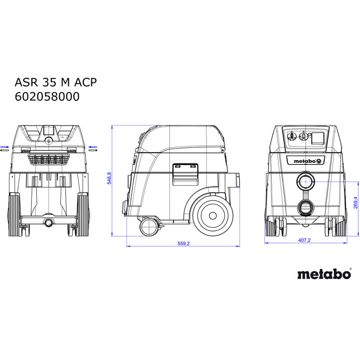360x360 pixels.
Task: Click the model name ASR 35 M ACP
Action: coord(56,82)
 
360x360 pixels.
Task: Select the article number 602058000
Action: coord(47,97)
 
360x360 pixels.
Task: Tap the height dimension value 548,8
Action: coord(109,178)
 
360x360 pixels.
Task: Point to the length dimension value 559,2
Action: coord(184,243)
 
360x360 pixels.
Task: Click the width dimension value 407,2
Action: coord(304,240)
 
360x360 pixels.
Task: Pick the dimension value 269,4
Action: coord(355,202)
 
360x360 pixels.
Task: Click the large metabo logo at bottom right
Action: coord(324,274)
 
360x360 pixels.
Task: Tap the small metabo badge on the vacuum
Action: coord(306,161)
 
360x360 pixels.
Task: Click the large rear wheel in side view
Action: coord(213,216)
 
